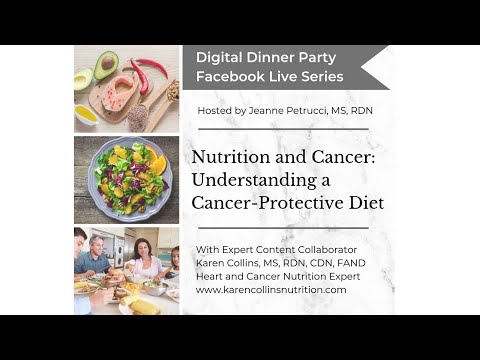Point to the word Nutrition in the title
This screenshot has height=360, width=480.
tap(229, 158)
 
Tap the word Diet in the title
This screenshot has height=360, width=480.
tap(364, 203)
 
